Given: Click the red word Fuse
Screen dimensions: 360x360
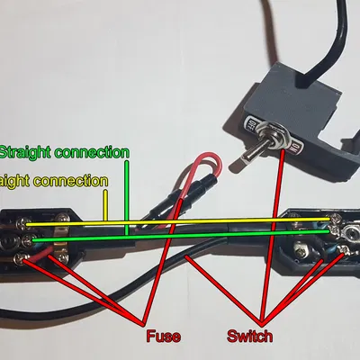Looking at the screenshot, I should (x=162, y=337).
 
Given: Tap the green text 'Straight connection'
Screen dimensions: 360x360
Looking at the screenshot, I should (x=64, y=151).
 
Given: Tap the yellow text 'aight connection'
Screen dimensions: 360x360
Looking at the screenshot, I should (x=54, y=180).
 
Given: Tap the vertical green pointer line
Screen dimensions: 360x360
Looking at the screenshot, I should (x=127, y=199).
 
